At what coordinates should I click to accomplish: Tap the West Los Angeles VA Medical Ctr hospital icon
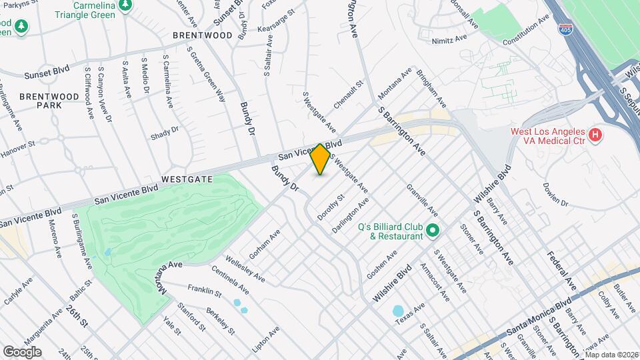[x=596, y=136]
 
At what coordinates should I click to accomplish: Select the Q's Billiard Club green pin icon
[x=433, y=231]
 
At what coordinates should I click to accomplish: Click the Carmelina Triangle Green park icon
[x=125, y=5]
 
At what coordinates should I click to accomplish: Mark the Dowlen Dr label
[x=555, y=194]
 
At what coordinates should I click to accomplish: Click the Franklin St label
[x=203, y=289]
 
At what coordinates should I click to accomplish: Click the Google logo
[x=22, y=351]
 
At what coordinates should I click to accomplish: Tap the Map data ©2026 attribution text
[x=611, y=355]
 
